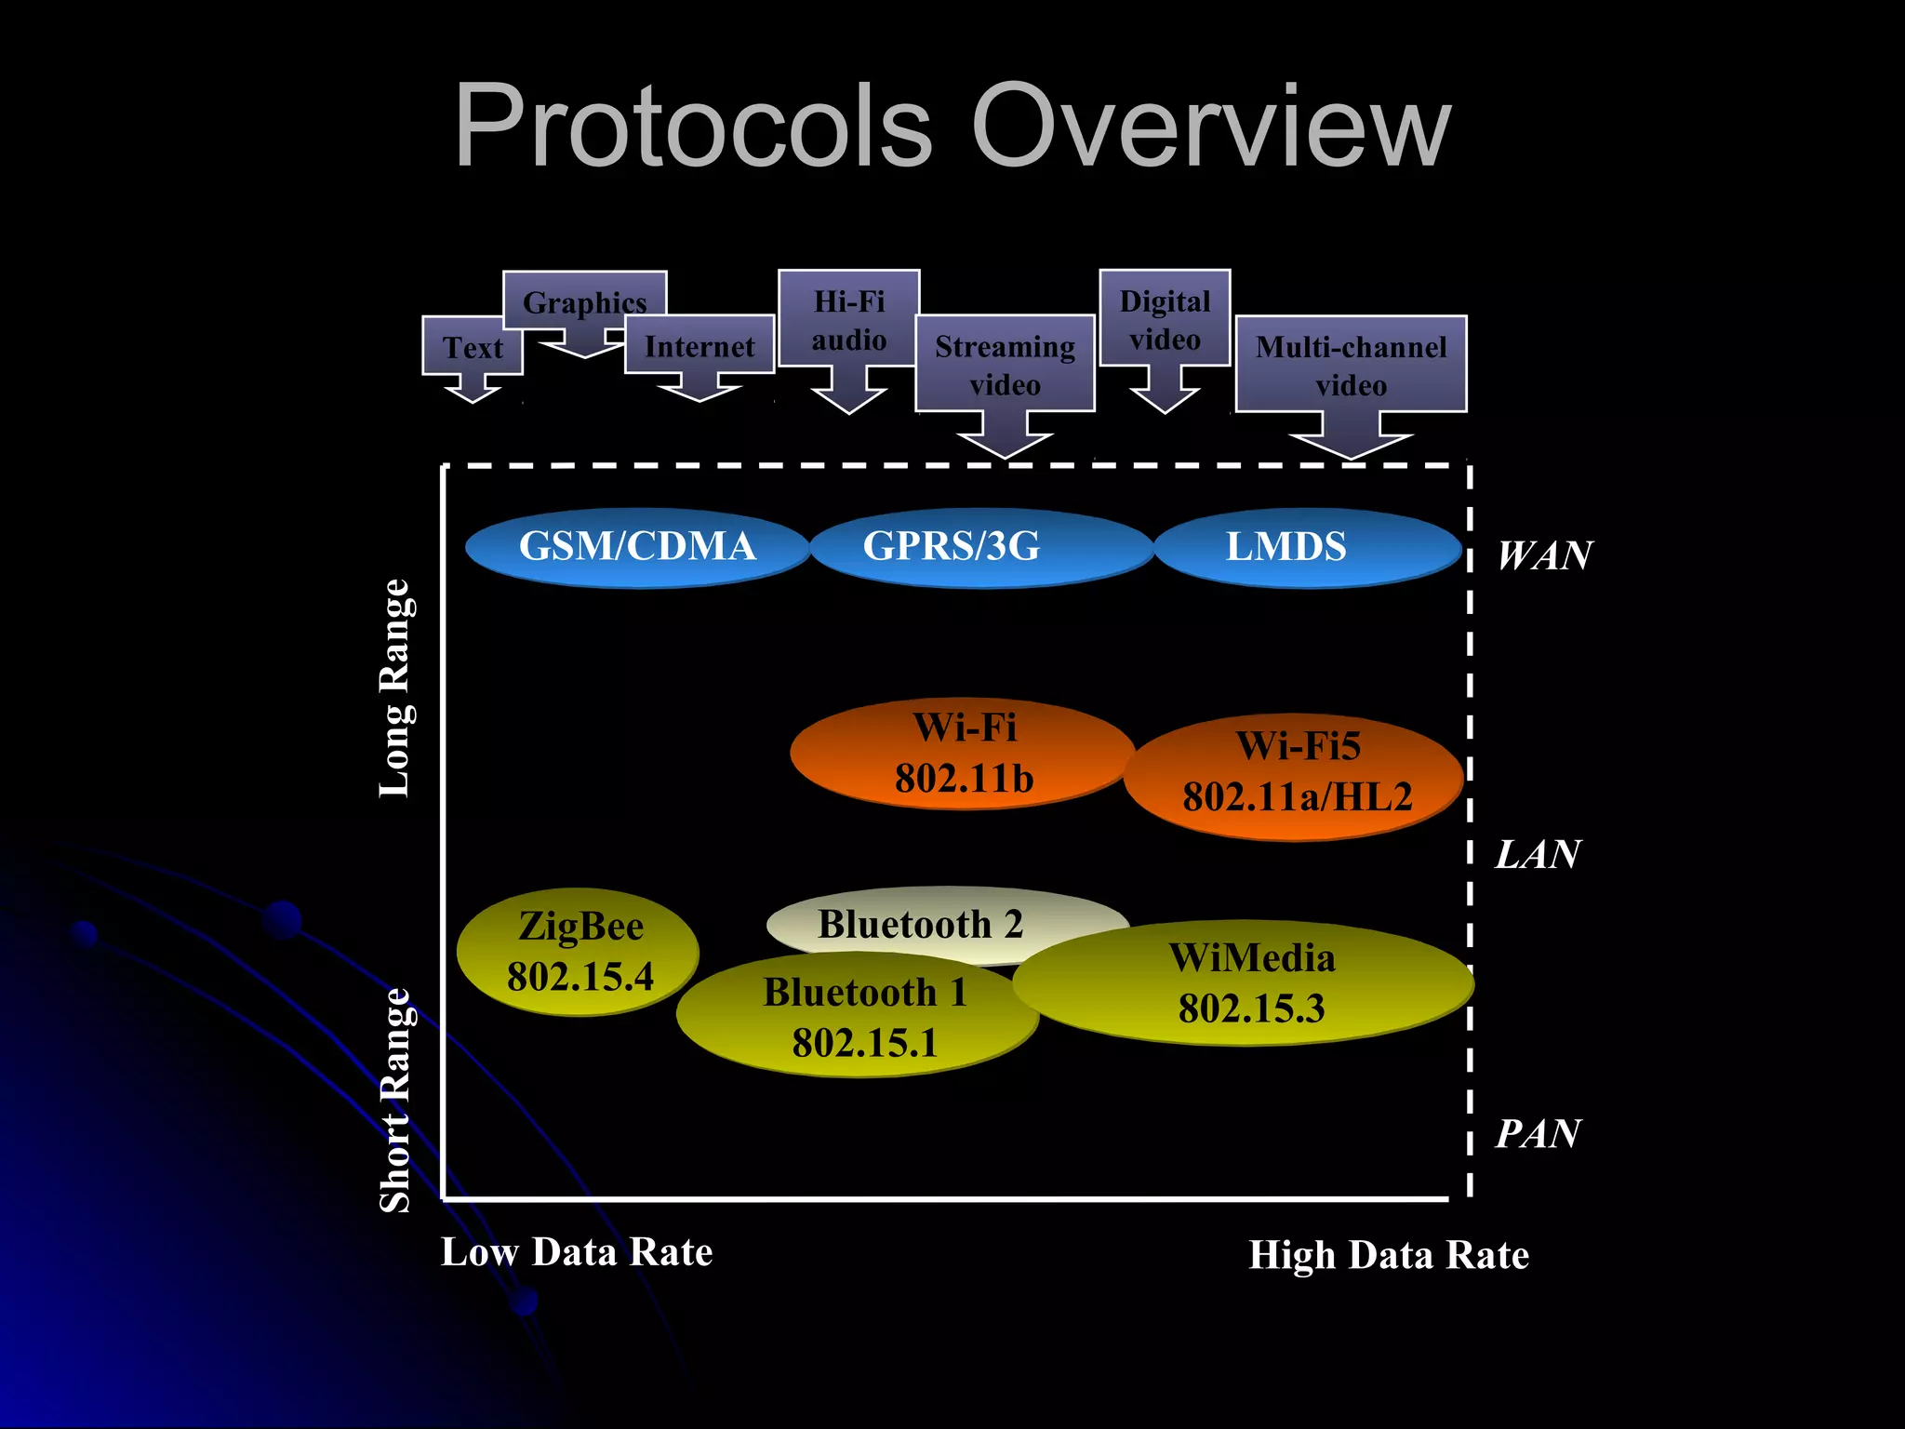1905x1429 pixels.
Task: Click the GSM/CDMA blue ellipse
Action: coord(637,547)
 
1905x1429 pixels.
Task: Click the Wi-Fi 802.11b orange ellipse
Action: coord(964,754)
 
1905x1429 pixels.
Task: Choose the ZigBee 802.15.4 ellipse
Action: coord(579,951)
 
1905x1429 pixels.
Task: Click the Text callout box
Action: coord(473,348)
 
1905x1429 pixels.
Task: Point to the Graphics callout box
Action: coord(584,301)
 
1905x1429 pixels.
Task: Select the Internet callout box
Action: coord(699,346)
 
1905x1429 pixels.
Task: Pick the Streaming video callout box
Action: coord(1005,365)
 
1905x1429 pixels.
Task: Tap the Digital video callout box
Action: coord(1165,319)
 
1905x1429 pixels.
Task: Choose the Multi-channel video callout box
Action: coord(1351,365)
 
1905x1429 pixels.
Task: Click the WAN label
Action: coord(1544,555)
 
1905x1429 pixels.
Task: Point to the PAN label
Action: coord(1538,1133)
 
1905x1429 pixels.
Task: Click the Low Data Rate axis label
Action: coord(577,1252)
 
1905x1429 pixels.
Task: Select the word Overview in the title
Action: coord(1210,127)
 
